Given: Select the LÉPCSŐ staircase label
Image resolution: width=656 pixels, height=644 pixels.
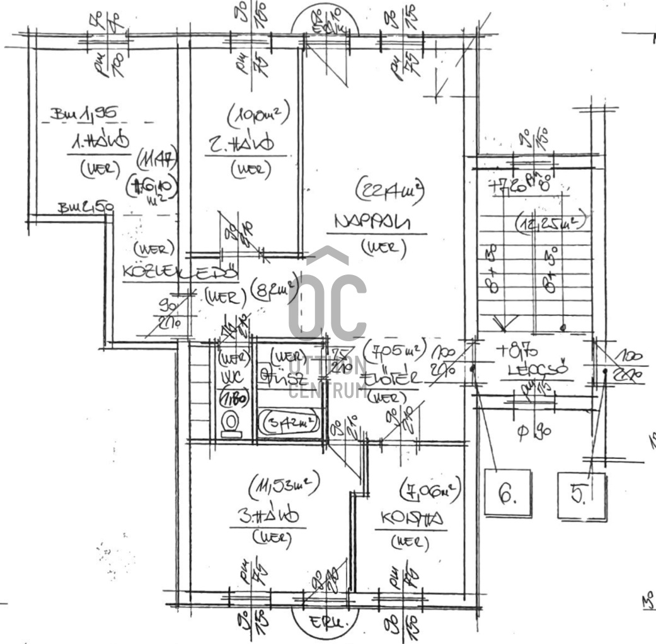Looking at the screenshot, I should (x=538, y=370).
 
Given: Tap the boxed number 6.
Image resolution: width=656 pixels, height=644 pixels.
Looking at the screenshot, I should (x=507, y=495).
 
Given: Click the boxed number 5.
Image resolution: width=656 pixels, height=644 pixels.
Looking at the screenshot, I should (x=581, y=495).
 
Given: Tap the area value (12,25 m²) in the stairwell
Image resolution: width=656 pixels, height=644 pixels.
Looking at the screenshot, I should (x=551, y=223).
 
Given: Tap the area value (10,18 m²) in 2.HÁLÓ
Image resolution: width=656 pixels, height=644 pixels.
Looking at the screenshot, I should (x=257, y=115).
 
